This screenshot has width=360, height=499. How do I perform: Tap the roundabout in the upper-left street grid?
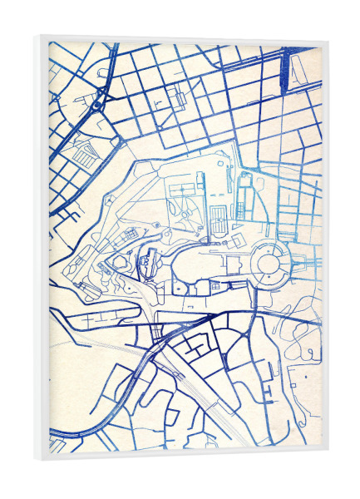[x=97, y=106]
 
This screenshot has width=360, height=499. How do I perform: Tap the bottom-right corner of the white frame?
[x=327, y=460]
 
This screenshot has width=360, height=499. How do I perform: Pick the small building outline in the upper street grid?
[x=179, y=99]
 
